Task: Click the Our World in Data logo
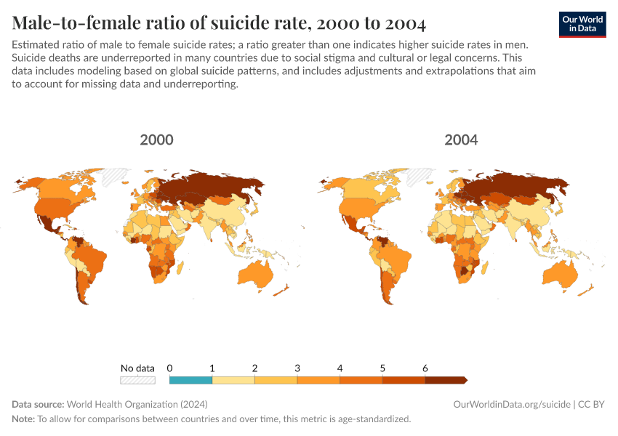(582, 25)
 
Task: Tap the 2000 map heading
(156, 140)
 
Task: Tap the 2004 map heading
(462, 140)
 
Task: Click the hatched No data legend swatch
(137, 379)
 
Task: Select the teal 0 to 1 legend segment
(190, 379)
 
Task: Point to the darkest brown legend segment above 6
(445, 379)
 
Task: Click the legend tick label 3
(297, 368)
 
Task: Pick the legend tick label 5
(382, 368)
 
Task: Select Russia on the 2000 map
(211, 190)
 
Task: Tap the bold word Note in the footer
(23, 419)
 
